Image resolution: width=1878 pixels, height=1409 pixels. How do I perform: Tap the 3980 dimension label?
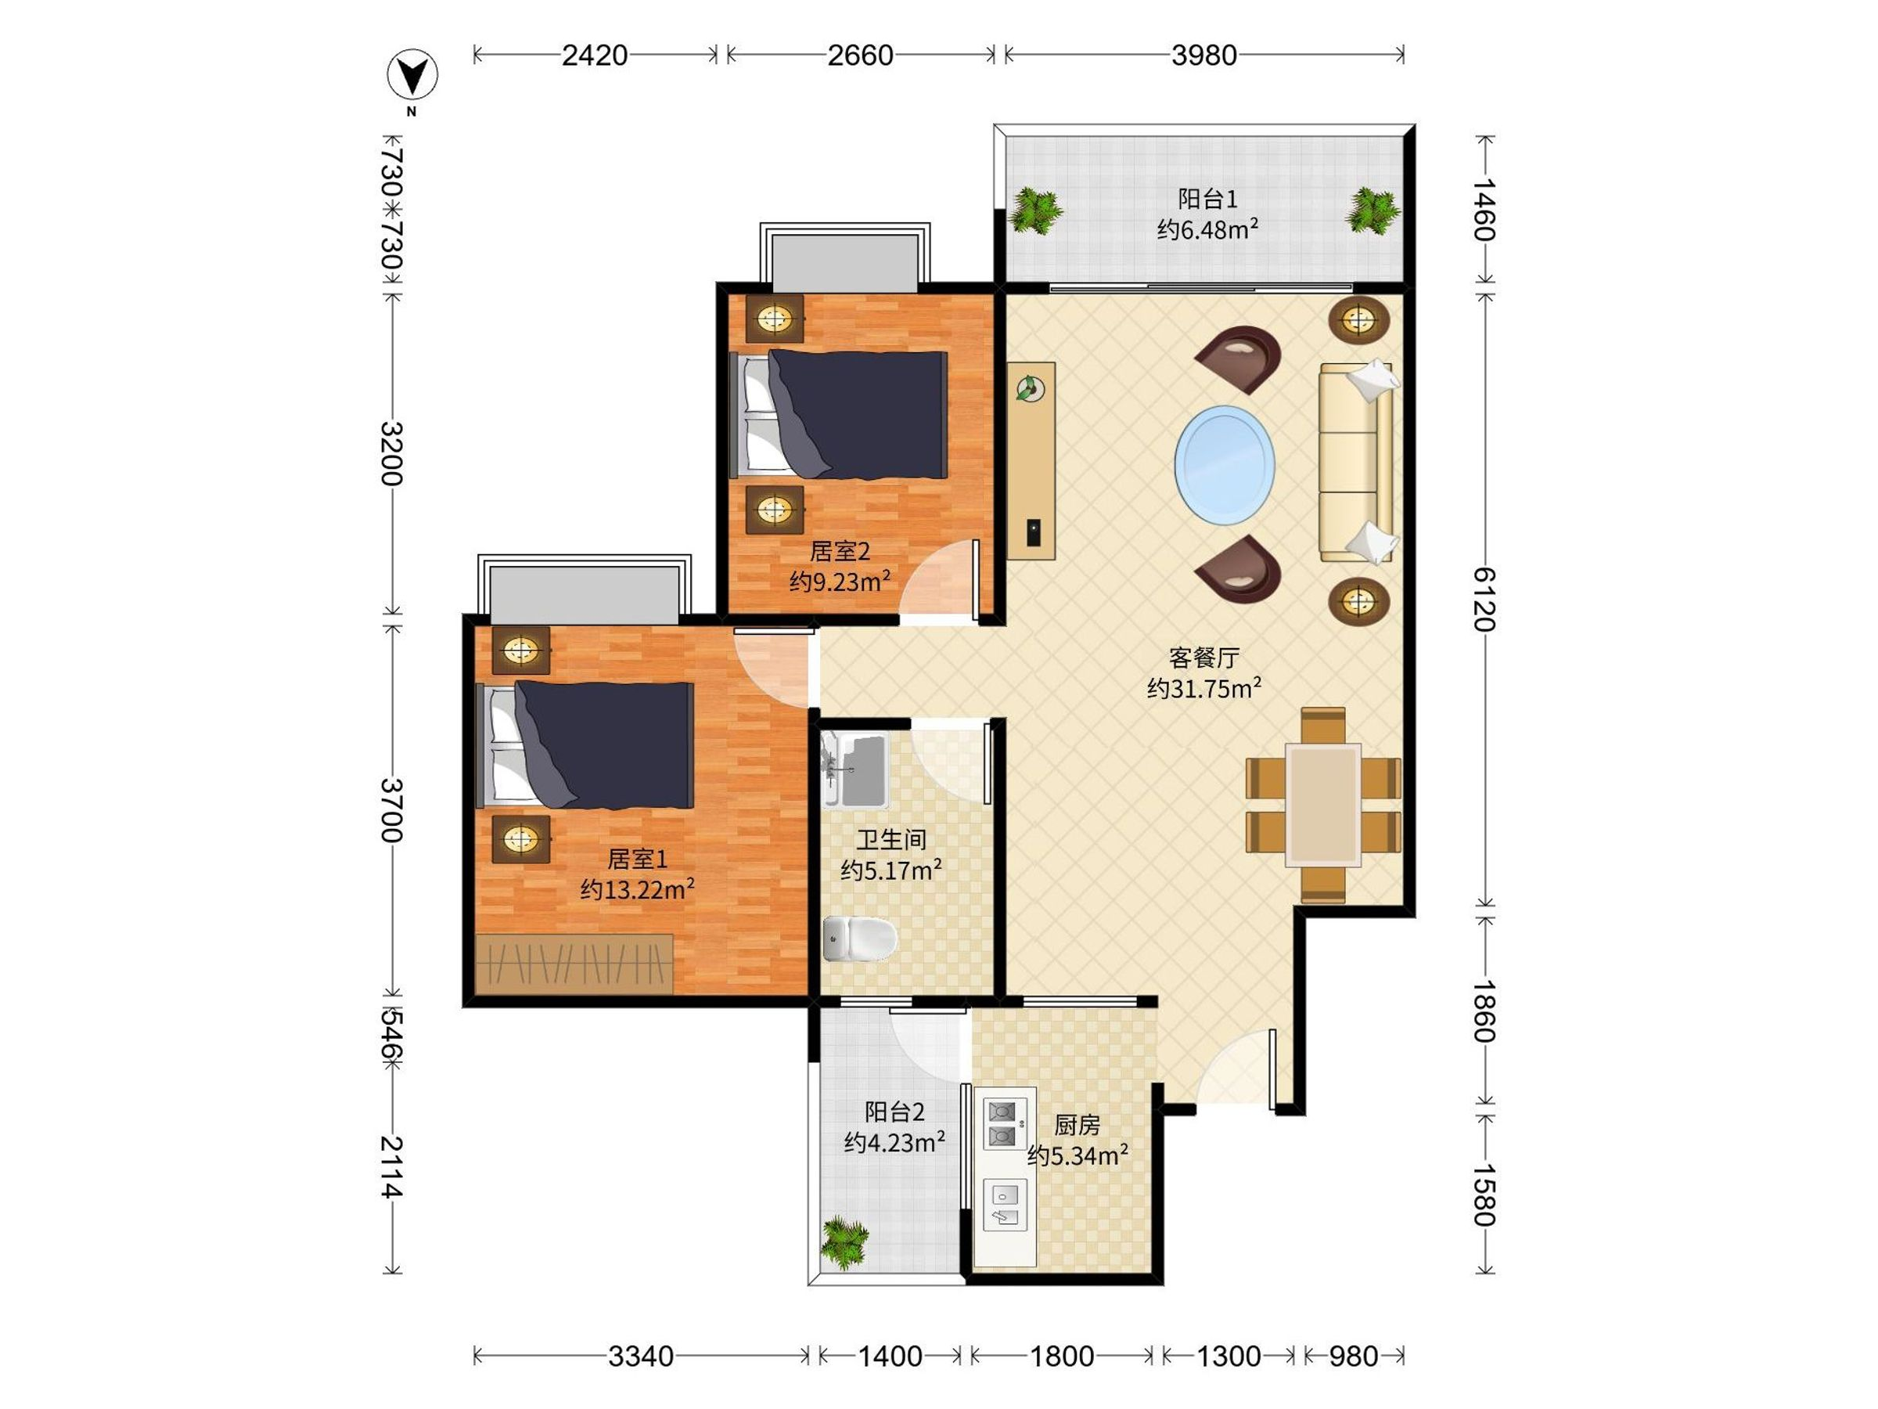point(1204,56)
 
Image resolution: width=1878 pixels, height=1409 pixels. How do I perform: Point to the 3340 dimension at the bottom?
point(641,1357)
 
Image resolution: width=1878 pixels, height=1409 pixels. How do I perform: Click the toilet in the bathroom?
point(859,939)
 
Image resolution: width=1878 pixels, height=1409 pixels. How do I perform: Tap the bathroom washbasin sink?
point(854,770)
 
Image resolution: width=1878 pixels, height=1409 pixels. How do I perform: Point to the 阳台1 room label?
point(1207,199)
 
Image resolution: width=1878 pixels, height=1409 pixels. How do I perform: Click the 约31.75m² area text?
point(1204,688)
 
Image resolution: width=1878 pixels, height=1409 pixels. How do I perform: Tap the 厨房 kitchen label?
point(1077,1126)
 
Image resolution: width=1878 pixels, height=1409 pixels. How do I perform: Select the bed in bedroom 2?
point(839,414)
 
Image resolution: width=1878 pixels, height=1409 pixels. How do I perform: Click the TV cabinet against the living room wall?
point(1031,460)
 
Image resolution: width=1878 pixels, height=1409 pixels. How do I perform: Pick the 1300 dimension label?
point(1229,1357)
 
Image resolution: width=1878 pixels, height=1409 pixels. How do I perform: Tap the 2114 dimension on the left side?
point(391,1167)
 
